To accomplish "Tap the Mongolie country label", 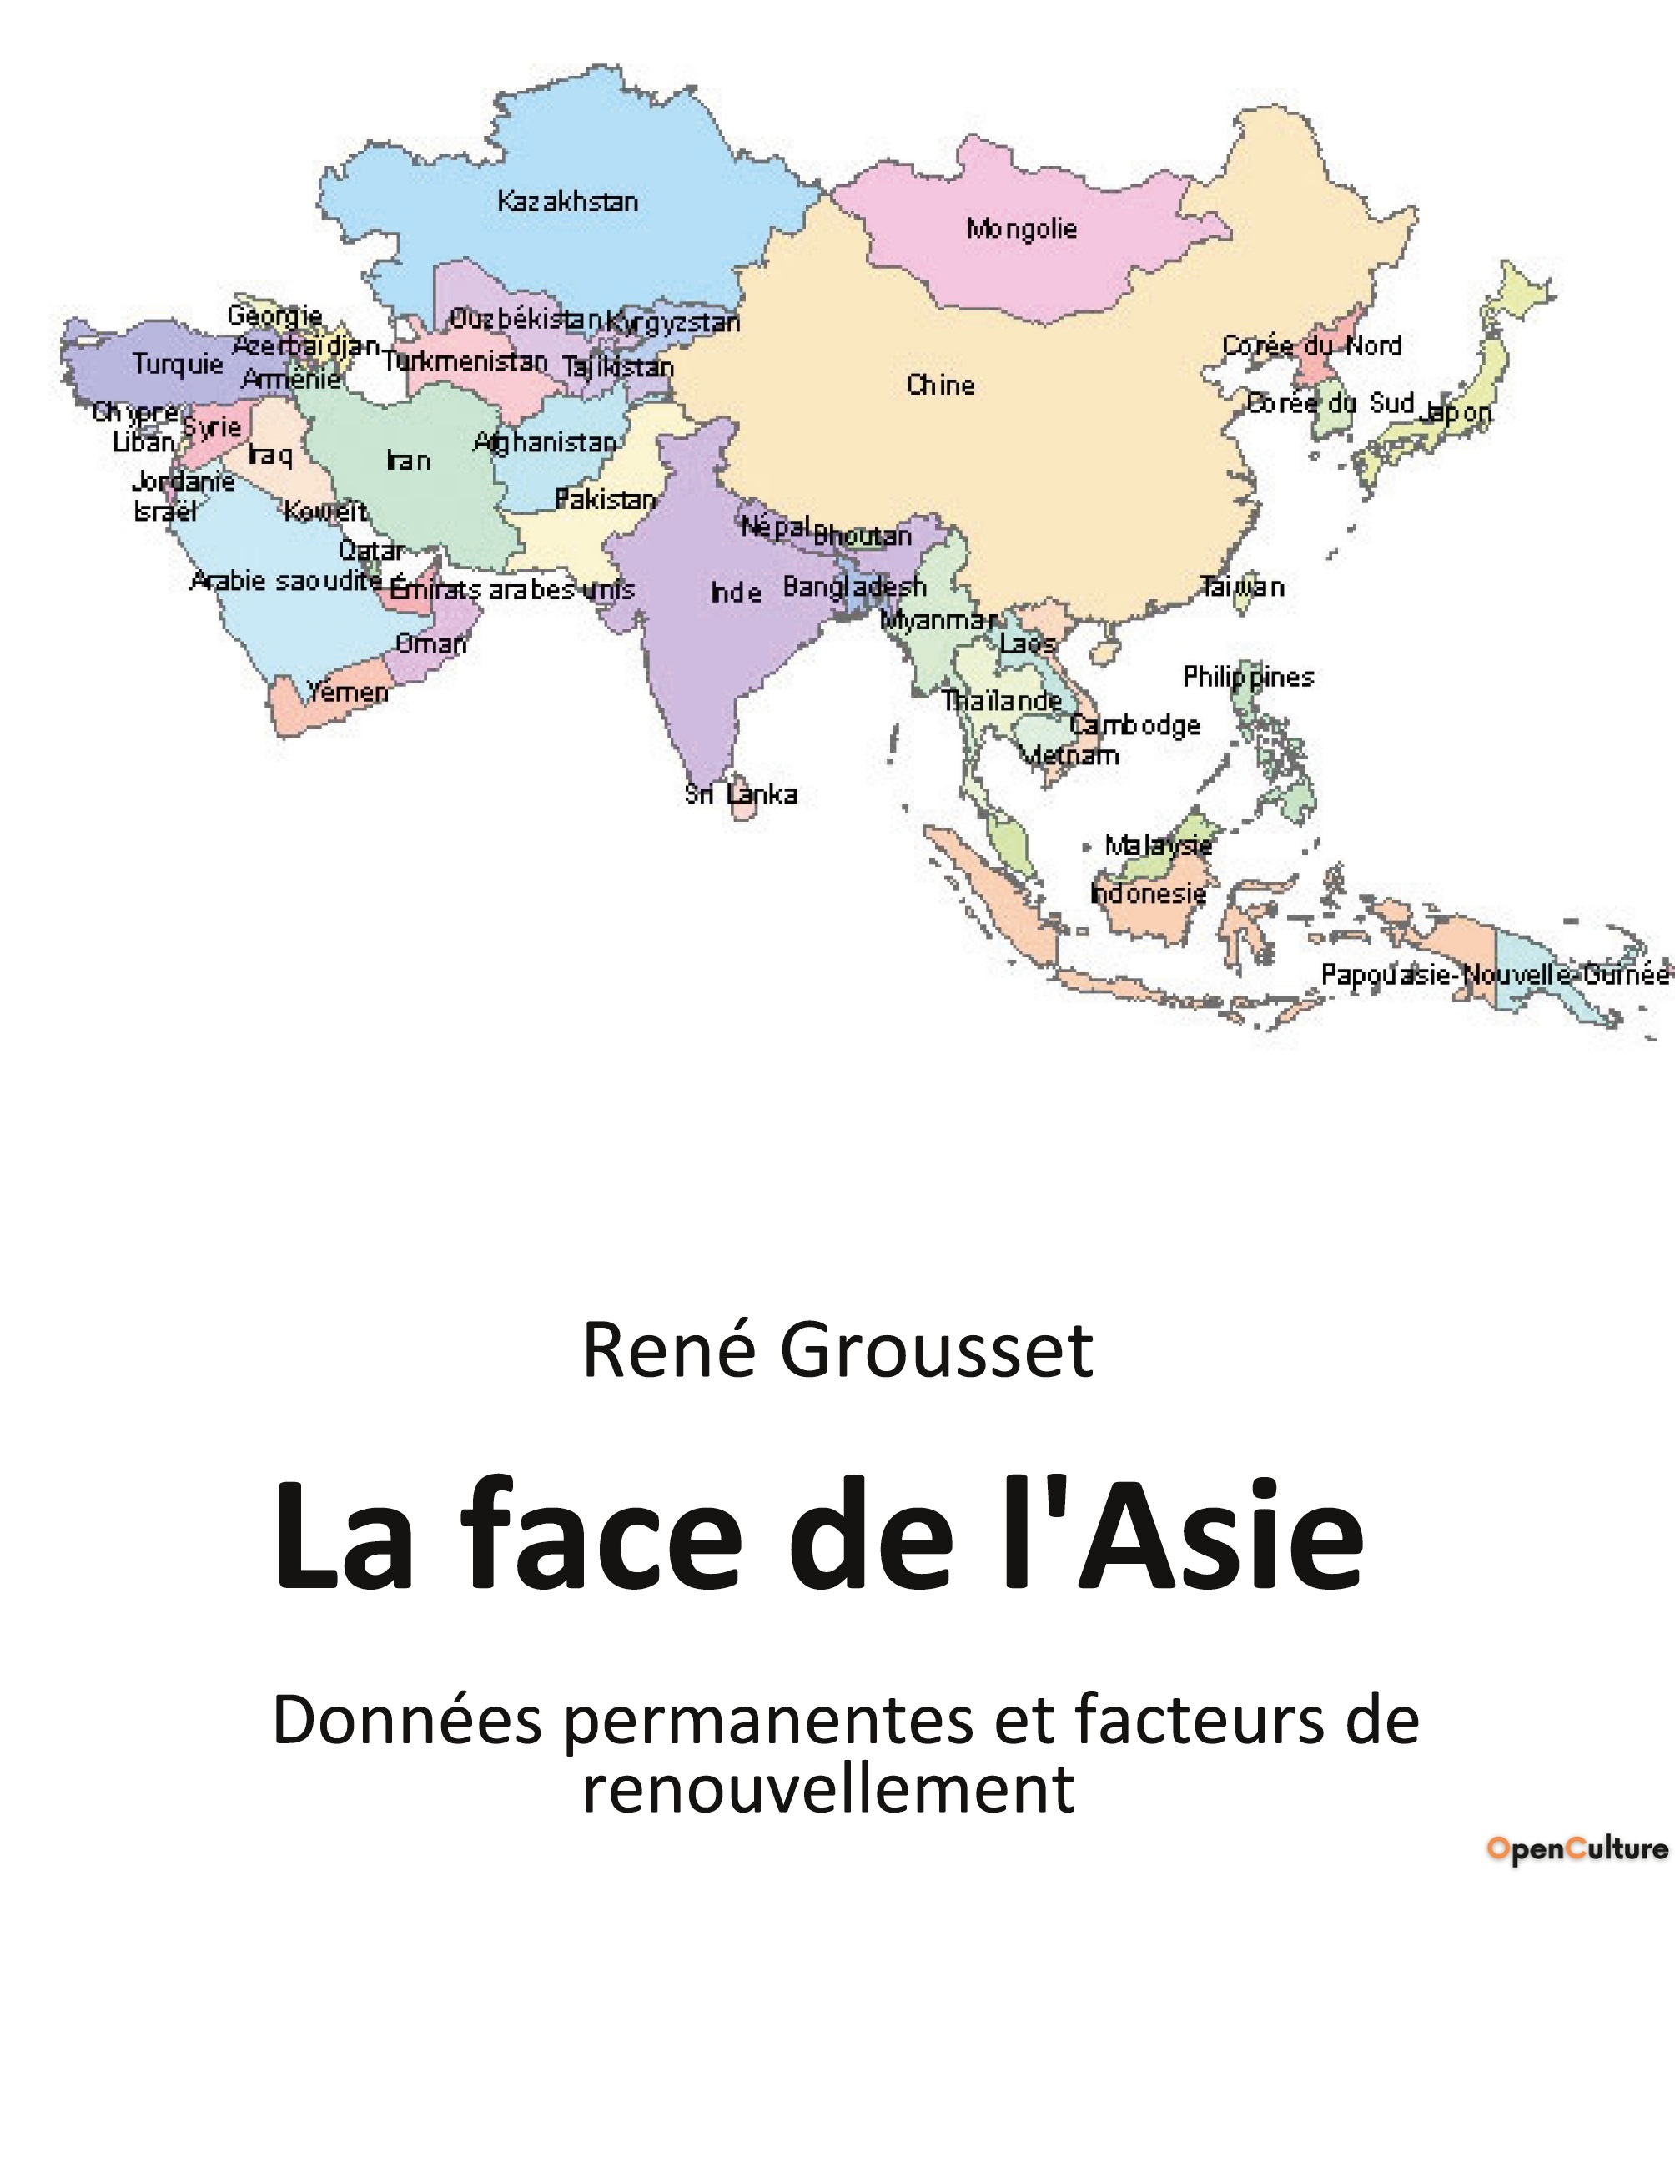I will (1021, 229).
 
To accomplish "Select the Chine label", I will (940, 386).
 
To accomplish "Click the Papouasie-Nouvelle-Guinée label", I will (1494, 975).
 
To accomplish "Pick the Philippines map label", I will (1247, 677).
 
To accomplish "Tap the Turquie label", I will (178, 365).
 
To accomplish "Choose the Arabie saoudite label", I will (286, 581).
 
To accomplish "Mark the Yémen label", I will (347, 692).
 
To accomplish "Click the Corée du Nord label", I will (1310, 346).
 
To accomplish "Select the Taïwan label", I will (1242, 587).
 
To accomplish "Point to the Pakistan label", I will (606, 499).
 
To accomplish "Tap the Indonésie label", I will (1148, 894).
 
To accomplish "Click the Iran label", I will (408, 461).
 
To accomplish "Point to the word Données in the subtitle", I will (407, 1722).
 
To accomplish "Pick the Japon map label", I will (1455, 412).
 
